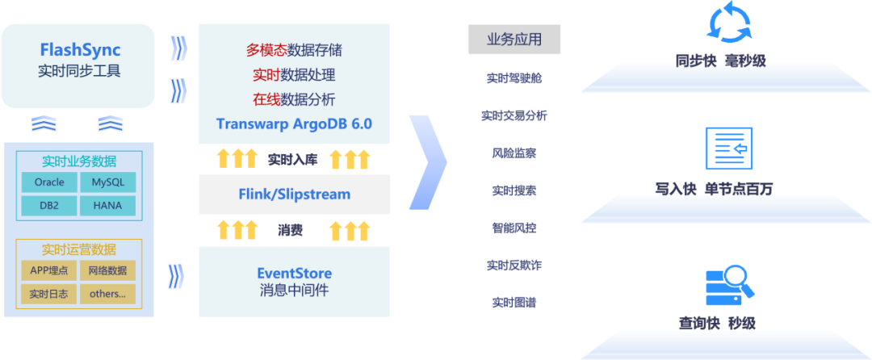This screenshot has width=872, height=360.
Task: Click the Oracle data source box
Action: click(x=49, y=182)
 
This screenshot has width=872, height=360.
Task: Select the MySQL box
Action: click(x=107, y=182)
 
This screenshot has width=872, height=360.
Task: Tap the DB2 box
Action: click(x=49, y=205)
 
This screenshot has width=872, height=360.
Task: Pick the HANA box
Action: click(x=107, y=205)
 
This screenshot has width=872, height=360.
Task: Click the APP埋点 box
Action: click(x=49, y=270)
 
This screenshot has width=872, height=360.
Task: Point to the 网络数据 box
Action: click(x=107, y=270)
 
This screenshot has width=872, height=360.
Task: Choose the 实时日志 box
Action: click(x=49, y=294)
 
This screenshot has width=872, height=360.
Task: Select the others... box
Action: click(x=107, y=294)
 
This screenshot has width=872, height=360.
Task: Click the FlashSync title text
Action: click(x=80, y=50)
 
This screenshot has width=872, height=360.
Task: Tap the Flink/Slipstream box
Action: click(x=294, y=194)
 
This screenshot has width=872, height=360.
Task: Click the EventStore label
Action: click(x=294, y=273)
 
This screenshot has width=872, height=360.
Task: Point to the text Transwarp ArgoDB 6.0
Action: click(x=294, y=124)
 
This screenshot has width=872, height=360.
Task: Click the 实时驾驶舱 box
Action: click(x=514, y=78)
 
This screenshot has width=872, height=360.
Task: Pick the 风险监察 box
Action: click(x=514, y=153)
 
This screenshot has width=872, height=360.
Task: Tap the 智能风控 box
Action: click(x=514, y=228)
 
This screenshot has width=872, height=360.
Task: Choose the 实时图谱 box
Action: click(x=514, y=302)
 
